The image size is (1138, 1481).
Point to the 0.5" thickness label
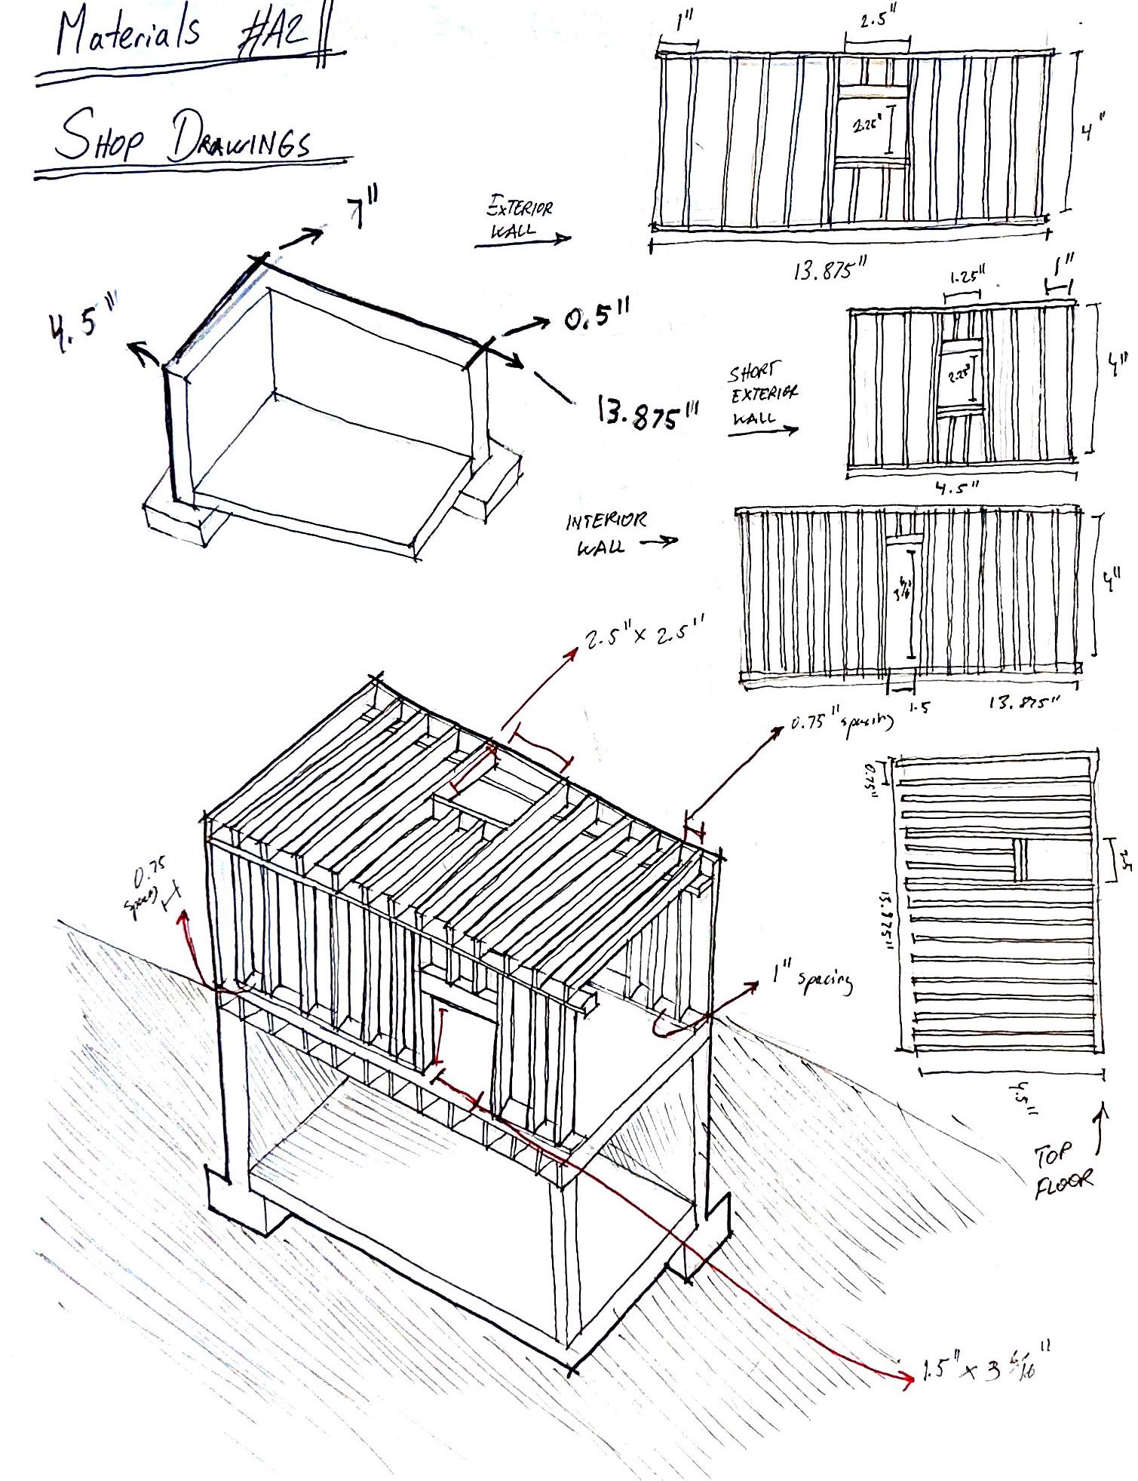tap(597, 317)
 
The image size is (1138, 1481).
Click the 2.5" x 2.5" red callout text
tap(645, 636)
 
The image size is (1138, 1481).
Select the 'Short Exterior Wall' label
tap(762, 394)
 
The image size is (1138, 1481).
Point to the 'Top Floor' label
tap(1062, 1171)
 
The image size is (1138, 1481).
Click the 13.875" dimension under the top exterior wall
tap(830, 269)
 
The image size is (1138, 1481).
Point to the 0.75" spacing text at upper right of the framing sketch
tap(842, 722)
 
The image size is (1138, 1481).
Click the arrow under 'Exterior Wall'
tap(523, 240)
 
